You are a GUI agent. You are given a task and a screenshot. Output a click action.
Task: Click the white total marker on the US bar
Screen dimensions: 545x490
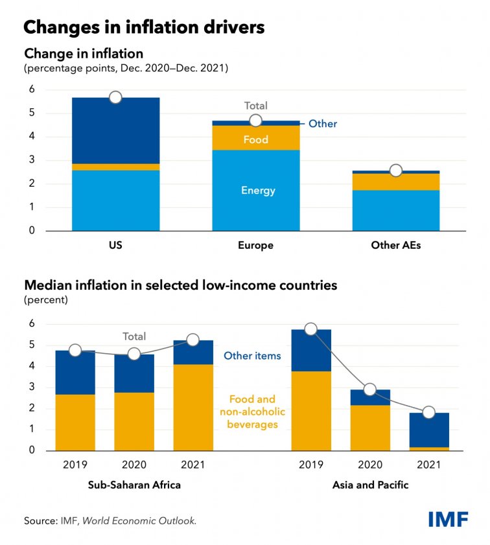pos(115,97)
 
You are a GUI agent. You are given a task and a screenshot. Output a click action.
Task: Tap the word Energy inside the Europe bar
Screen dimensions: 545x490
pos(258,191)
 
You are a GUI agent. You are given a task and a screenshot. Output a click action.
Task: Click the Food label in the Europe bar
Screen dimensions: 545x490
pos(256,139)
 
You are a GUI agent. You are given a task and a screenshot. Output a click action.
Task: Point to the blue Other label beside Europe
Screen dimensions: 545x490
pos(322,123)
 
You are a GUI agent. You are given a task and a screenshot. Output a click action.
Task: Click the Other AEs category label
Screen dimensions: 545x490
pos(395,246)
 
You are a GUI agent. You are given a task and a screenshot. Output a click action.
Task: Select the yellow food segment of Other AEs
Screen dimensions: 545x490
pos(395,182)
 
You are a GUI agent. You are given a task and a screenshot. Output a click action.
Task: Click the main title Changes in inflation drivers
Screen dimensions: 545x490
pos(144,27)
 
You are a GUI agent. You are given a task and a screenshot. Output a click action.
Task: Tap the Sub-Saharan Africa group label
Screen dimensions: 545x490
pos(134,485)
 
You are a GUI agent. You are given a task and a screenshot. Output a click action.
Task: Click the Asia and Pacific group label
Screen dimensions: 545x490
pos(370,485)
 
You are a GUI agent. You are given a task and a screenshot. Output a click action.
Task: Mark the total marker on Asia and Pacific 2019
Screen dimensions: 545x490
pos(311,329)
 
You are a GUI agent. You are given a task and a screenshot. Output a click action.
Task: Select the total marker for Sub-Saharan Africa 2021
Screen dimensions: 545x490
pos(192,340)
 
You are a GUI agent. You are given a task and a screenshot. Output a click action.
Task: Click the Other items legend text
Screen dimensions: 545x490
pos(252,355)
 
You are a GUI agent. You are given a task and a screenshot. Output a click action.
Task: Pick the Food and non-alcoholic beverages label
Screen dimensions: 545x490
pos(252,412)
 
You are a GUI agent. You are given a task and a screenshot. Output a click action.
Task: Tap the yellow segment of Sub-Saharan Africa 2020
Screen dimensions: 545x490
pos(134,421)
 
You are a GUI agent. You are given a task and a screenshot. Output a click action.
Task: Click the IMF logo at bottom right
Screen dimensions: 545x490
pos(448,518)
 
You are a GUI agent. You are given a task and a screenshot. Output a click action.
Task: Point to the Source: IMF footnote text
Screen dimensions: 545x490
pos(110,520)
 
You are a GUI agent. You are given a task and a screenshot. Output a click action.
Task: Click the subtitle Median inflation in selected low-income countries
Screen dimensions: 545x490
pos(181,285)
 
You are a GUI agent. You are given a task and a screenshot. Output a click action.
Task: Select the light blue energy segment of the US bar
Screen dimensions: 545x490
pos(115,200)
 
